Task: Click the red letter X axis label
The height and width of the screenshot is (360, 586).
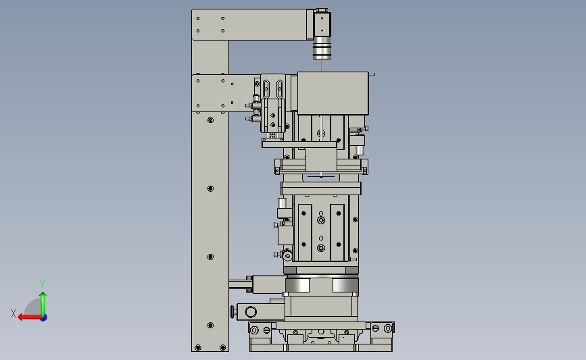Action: tap(14, 313)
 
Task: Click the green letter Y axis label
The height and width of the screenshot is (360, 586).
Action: tap(43, 284)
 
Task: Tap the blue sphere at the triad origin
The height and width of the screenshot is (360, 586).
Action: tap(43, 317)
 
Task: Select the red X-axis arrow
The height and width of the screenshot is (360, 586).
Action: tap(30, 317)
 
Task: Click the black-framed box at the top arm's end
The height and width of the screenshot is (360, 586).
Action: tap(322, 24)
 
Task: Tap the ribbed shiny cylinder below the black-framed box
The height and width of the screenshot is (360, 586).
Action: tap(322, 51)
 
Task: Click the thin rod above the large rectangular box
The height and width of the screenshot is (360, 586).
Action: tap(322, 66)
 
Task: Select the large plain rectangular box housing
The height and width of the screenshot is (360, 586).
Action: tap(333, 93)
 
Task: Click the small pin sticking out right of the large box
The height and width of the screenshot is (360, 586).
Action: tap(372, 74)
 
